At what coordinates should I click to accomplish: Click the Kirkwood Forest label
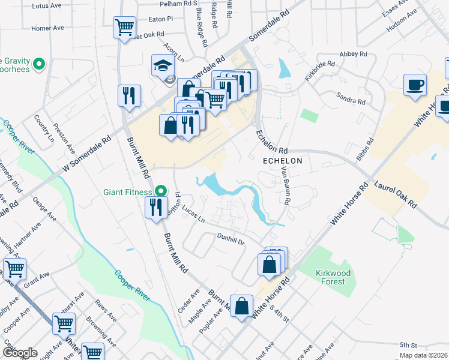pos(331,277)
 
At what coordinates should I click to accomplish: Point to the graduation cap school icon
pos(162,65)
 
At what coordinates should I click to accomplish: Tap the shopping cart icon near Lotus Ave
pos(124,27)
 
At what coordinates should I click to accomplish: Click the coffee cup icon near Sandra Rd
pos(415,85)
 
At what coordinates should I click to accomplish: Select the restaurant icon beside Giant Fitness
pos(156,208)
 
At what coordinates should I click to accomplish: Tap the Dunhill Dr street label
pos(232,240)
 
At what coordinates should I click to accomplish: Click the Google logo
pos(19,353)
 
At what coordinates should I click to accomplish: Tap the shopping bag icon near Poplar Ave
pos(241,306)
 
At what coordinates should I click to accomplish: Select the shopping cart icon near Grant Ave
pos(14,269)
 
